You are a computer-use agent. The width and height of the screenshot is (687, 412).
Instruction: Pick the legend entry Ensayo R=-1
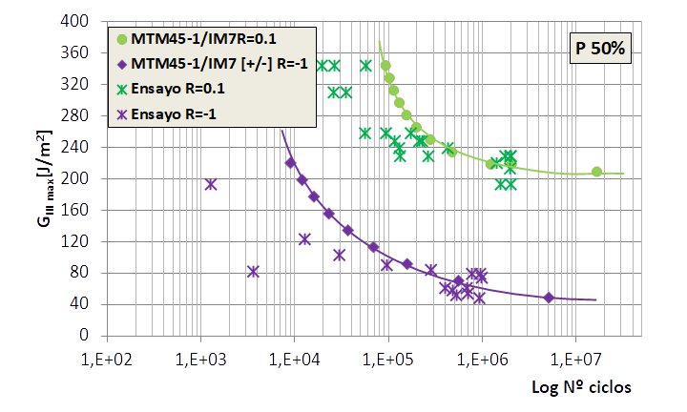point(177,113)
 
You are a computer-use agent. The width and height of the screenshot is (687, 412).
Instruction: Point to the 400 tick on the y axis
point(88,21)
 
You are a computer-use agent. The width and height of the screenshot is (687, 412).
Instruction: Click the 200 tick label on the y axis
point(88,178)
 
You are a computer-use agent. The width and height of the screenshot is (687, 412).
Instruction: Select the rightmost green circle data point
point(597,172)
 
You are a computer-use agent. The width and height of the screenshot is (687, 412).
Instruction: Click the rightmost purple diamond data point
point(549,298)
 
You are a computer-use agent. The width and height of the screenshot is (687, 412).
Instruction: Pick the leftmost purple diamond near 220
point(291,163)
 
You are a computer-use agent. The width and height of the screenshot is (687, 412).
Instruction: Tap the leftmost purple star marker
point(211,184)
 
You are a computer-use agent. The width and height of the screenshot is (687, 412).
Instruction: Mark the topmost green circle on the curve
point(385,66)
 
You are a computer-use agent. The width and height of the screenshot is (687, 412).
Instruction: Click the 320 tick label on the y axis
point(88,84)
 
